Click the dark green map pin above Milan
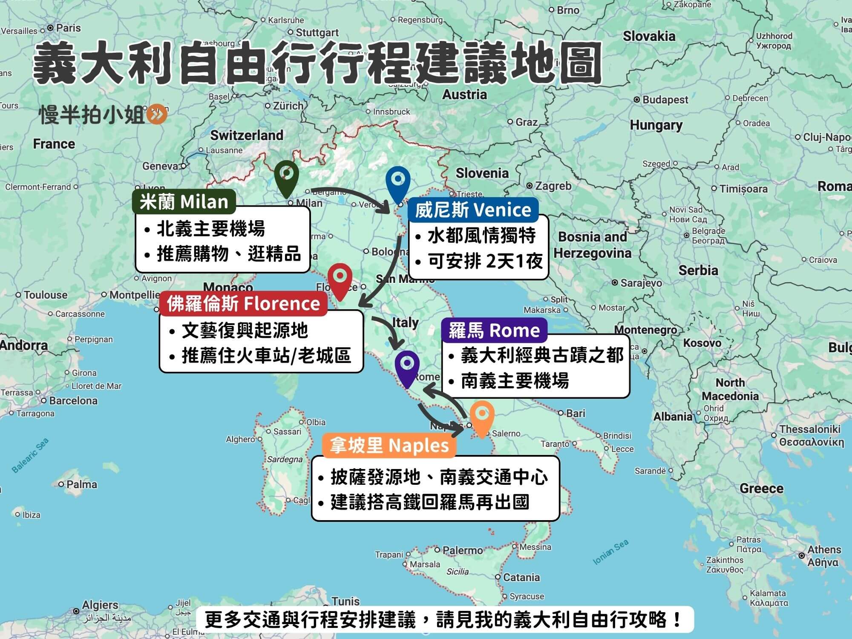click(286, 177)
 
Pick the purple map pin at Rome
click(407, 366)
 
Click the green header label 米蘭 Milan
click(184, 201)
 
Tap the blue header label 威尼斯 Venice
click(473, 210)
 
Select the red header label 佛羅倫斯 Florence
click(243, 304)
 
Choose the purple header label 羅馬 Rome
click(494, 330)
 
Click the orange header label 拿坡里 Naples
click(389, 446)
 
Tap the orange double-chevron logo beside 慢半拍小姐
click(157, 115)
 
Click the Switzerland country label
click(247, 135)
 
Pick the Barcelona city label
click(73, 400)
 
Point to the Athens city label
click(824, 550)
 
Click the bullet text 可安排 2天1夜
click(485, 261)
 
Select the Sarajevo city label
click(641, 283)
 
